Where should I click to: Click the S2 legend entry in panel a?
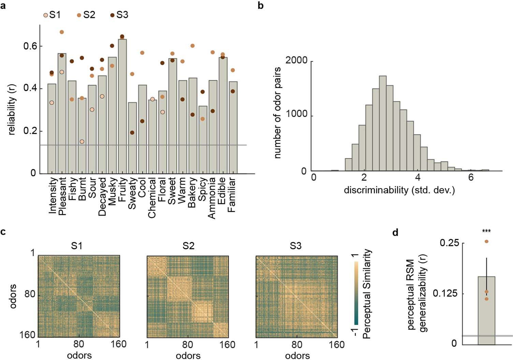coord(86,15)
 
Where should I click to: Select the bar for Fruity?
coord(122,106)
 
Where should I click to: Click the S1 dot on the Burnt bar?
coord(82,141)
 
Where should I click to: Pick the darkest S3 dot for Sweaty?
coord(132,133)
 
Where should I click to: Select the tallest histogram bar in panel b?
coord(383,123)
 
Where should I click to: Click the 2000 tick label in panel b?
coord(296,61)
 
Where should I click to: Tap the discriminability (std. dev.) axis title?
coord(399,190)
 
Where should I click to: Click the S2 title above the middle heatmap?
coord(188,246)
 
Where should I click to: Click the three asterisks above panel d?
coord(486,231)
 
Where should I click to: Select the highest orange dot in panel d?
coord(486,241)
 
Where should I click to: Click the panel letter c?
coord(3,232)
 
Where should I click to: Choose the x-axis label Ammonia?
coord(212,198)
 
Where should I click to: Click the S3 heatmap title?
coord(295,246)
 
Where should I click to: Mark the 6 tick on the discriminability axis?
coord(471,178)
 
